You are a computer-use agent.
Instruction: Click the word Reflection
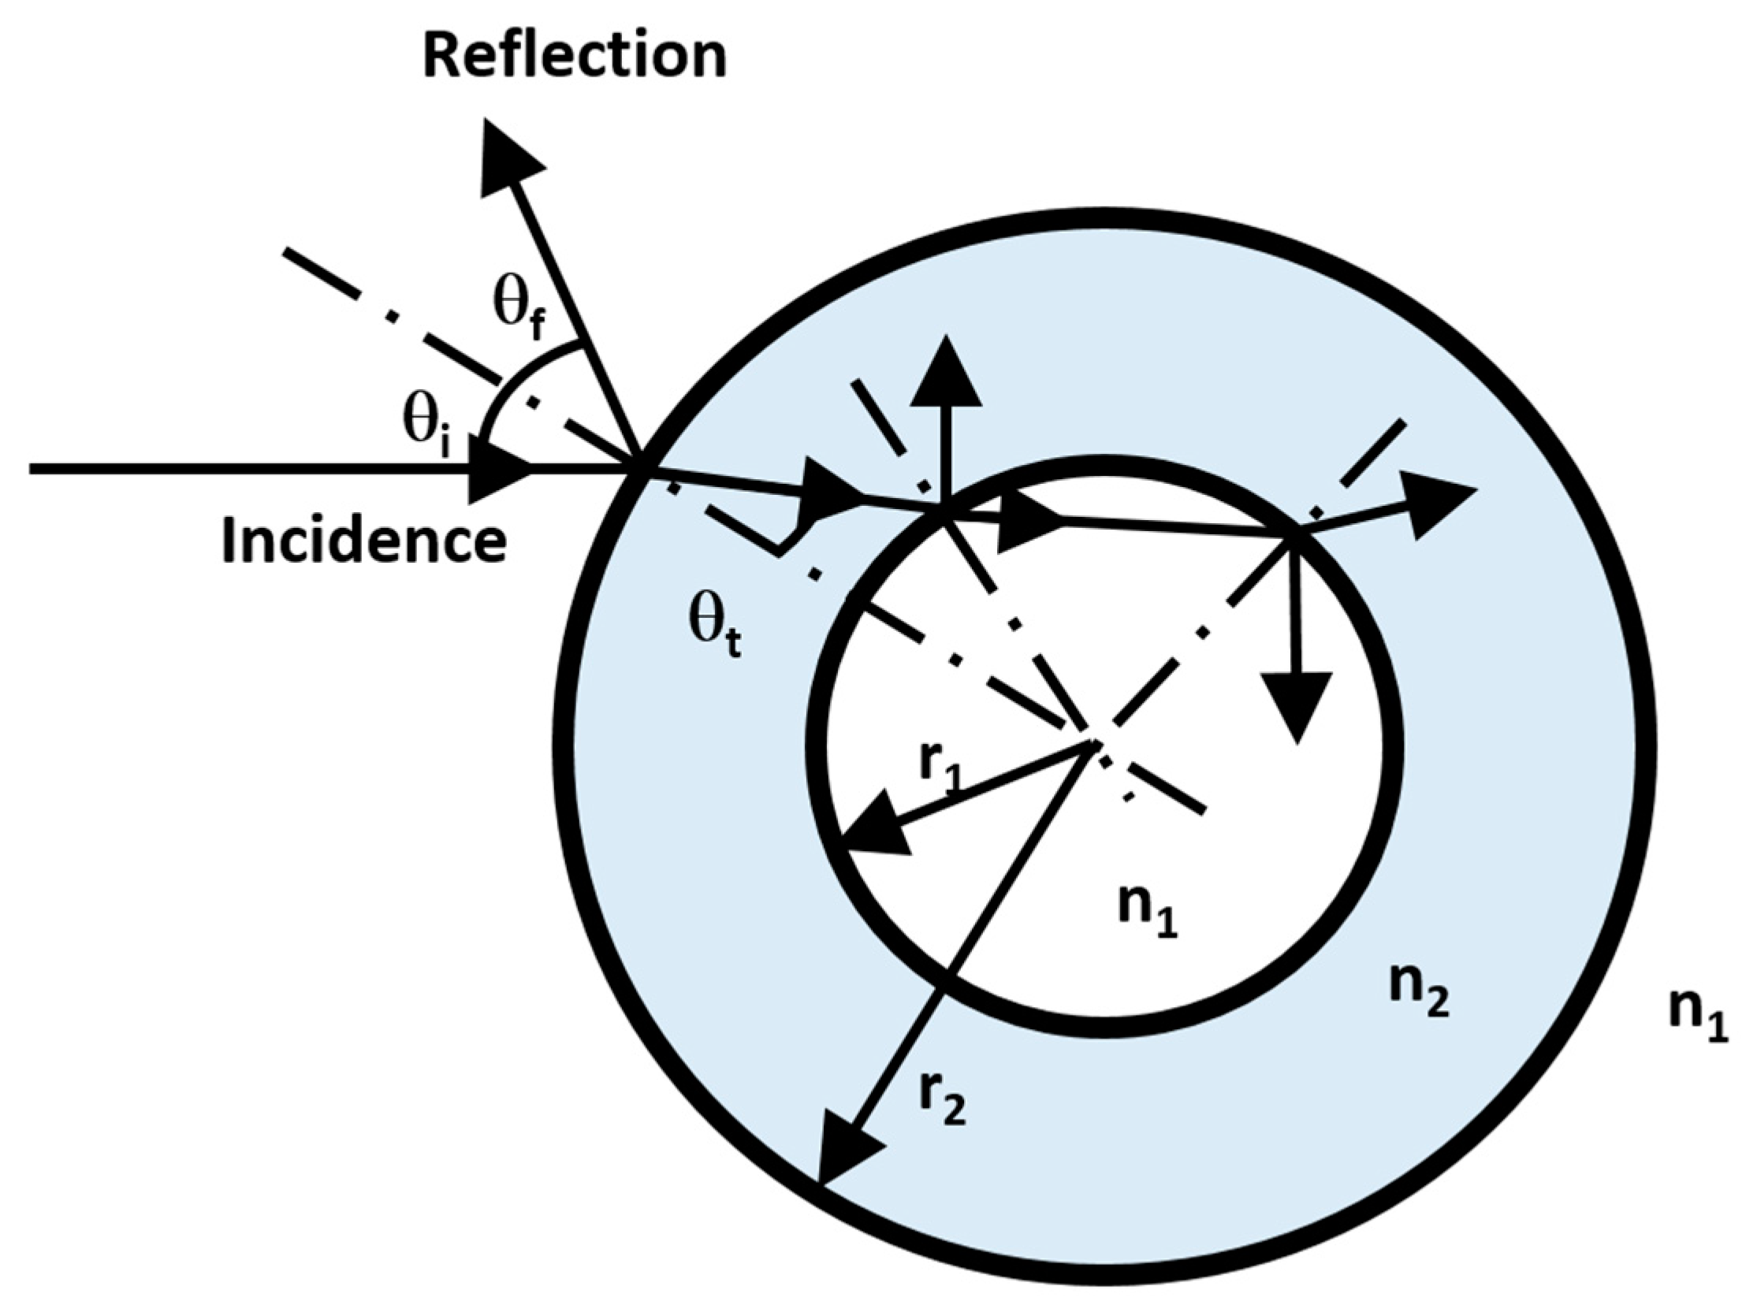[575, 57]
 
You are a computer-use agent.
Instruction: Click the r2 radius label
[943, 1100]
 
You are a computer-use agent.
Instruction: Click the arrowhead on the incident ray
[501, 470]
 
